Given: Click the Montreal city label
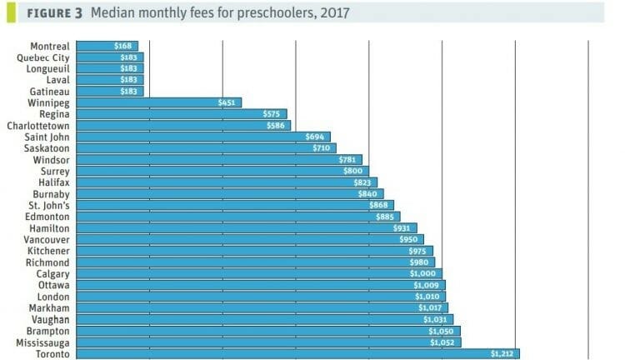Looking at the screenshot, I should (49, 46).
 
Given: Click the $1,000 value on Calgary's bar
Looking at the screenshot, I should (426, 273).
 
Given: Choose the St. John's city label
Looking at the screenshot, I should (49, 205).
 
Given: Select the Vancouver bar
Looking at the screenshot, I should (249, 239).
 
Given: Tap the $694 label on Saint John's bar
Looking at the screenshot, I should (317, 137).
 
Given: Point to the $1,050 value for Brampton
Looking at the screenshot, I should (444, 331).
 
